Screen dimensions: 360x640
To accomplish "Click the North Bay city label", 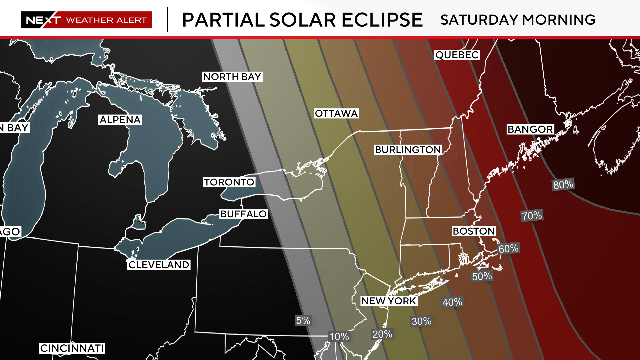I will (231, 77).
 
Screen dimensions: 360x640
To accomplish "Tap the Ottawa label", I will (336, 113).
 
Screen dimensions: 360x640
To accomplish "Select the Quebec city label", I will (457, 54).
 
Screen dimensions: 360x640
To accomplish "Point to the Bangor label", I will (530, 130).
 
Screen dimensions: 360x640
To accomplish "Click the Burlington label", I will (408, 149).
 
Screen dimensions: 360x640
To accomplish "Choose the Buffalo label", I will (244, 214).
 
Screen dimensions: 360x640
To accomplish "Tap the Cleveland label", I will (158, 265).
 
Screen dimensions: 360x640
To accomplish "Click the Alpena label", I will (120, 120).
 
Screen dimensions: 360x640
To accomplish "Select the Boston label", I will (474, 231).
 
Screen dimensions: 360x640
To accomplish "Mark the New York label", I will (388, 301).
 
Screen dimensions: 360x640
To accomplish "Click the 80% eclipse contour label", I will (563, 184).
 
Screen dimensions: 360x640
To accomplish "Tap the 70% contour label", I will (531, 215).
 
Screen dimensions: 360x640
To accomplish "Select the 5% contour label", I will (303, 321).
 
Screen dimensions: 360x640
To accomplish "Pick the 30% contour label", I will (420, 321).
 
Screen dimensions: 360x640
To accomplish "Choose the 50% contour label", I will (482, 276).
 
